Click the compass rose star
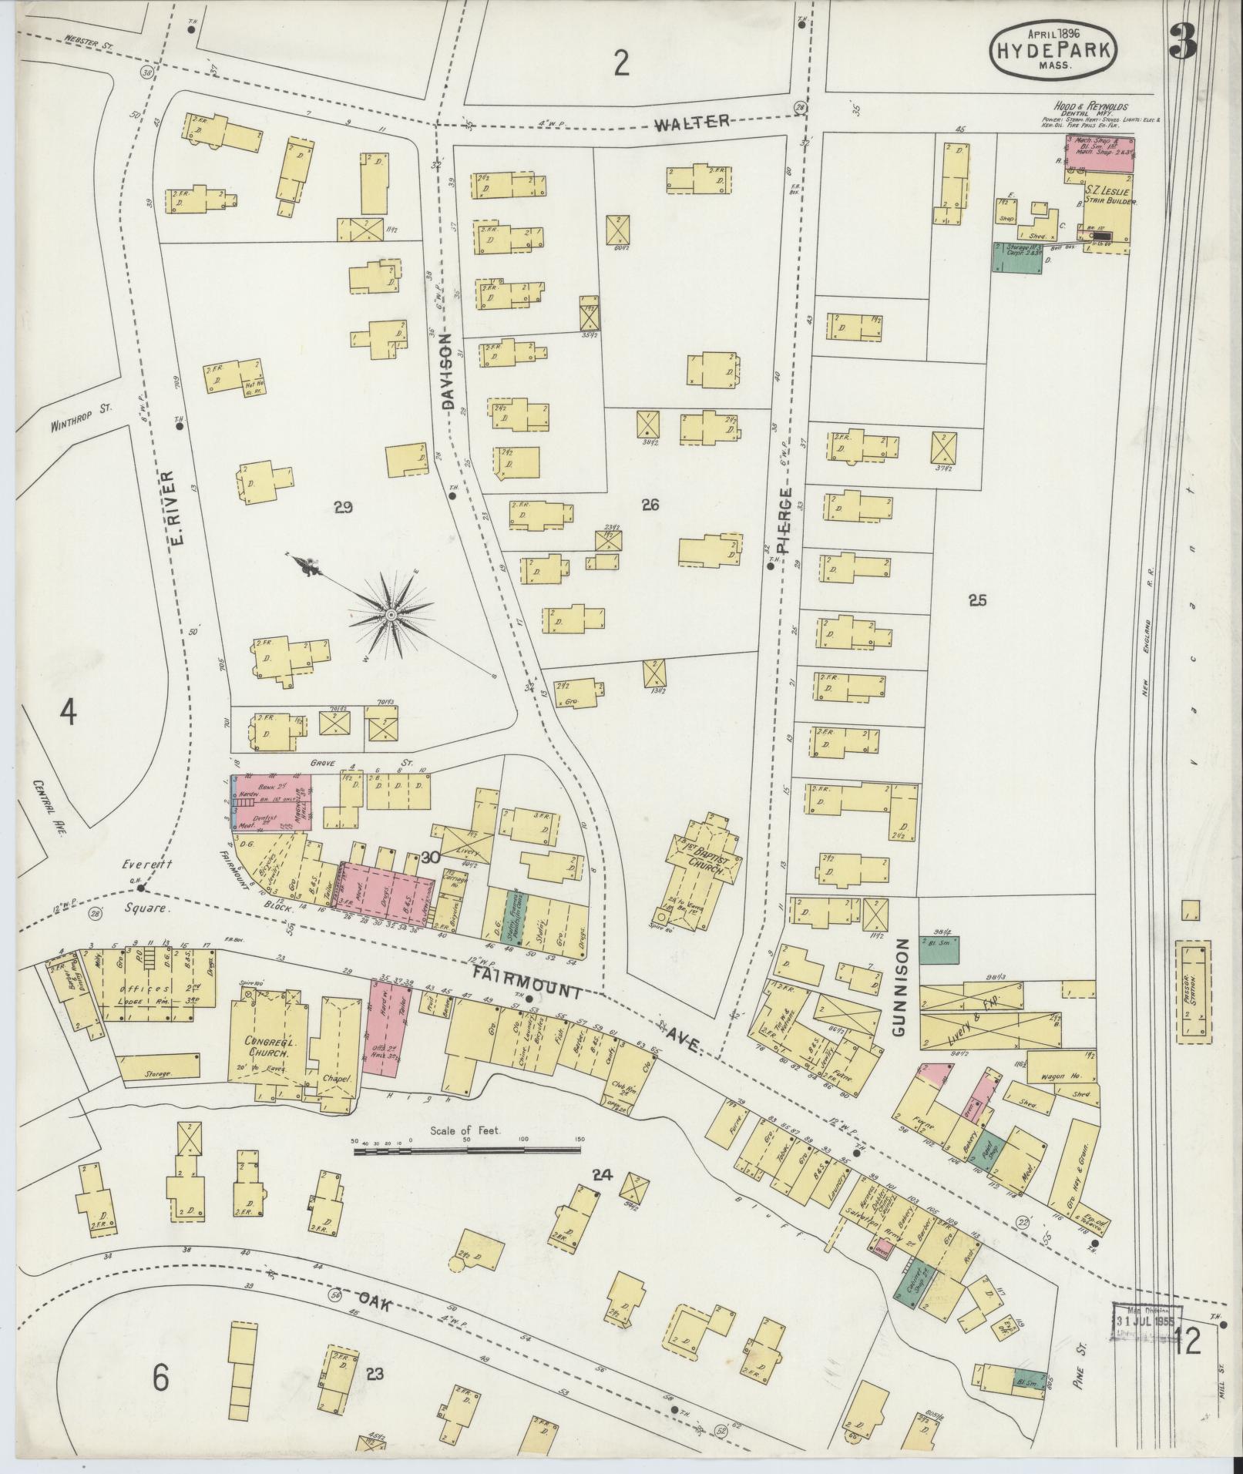click(391, 614)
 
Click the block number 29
click(343, 506)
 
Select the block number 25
click(977, 600)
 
